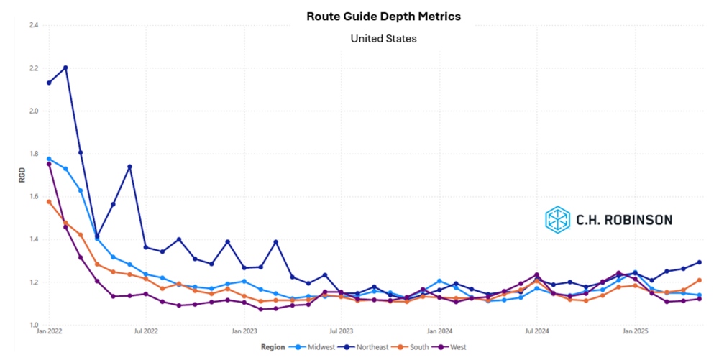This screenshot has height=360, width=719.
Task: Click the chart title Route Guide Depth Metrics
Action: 383,15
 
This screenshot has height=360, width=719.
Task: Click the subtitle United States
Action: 383,38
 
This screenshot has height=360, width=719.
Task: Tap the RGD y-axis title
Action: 22,175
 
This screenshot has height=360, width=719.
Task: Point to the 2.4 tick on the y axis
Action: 33,25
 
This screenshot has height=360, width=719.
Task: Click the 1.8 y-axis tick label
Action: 33,154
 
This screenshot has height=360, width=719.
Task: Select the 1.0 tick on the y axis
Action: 33,325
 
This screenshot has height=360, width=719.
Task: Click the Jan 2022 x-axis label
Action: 49,333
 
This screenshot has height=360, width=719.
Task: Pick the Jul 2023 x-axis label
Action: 341,333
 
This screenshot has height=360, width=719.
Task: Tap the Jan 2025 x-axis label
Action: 634,333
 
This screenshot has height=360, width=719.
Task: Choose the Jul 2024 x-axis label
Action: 536,333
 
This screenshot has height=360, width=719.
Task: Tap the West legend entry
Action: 452,347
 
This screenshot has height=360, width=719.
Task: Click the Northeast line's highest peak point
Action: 65,68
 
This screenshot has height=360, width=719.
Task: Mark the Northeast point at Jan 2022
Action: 49,83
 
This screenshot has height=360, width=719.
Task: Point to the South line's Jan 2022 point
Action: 49,202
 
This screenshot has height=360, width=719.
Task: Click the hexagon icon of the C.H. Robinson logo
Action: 557,219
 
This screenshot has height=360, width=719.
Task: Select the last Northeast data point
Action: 699,262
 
